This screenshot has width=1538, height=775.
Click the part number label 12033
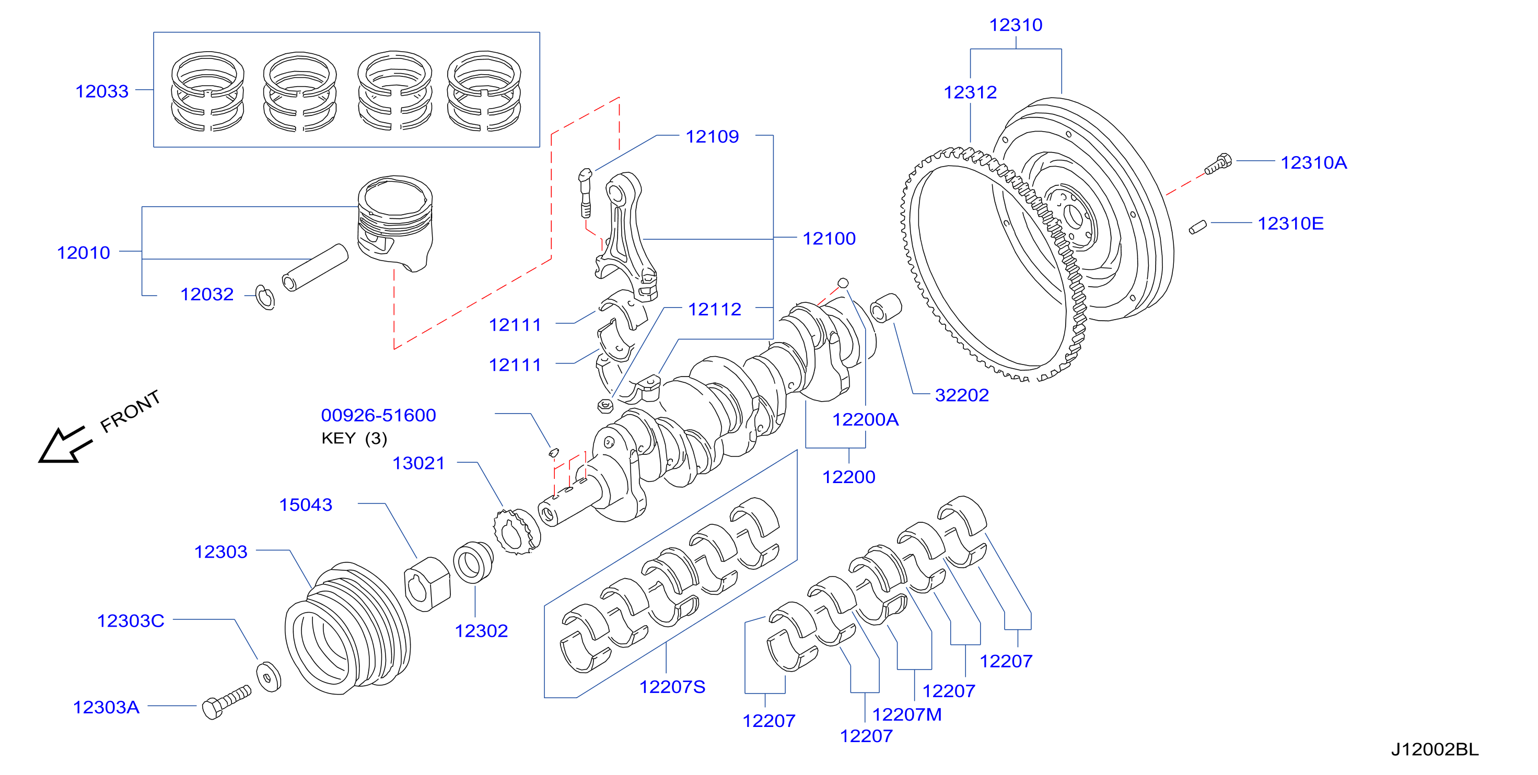point(102,91)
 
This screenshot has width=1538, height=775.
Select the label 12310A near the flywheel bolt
point(1313,162)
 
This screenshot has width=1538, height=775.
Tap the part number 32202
point(962,395)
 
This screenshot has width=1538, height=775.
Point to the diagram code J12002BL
point(1435,749)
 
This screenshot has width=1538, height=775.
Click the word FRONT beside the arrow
point(130,412)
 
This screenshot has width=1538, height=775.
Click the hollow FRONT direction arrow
point(64,445)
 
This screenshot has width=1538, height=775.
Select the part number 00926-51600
point(379,415)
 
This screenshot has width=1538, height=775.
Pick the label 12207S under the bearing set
point(672,687)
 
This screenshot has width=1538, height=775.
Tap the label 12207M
point(907,714)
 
